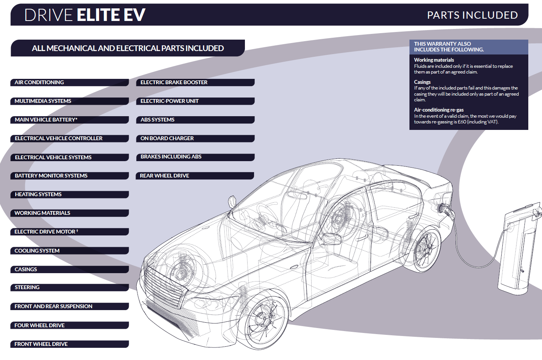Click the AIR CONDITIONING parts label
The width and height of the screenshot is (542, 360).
[x=39, y=82]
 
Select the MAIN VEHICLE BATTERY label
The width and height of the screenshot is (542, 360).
[x=46, y=120]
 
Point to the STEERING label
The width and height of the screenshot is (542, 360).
[x=27, y=288]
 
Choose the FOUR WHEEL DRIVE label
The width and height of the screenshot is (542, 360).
[x=40, y=325]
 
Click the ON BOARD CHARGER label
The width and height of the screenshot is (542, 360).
[x=167, y=138]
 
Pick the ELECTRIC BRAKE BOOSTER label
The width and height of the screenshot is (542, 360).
[x=174, y=82]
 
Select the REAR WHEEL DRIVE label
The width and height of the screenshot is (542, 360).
[x=164, y=176]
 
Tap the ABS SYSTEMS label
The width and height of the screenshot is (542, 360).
[x=157, y=120]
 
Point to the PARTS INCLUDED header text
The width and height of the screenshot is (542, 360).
[x=472, y=15]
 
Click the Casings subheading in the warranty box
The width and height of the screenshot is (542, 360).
[x=422, y=82]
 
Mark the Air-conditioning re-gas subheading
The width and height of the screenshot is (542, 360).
[x=439, y=110]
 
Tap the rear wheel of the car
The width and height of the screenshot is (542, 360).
[x=426, y=249]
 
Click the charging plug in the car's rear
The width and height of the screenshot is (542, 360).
[x=445, y=210]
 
